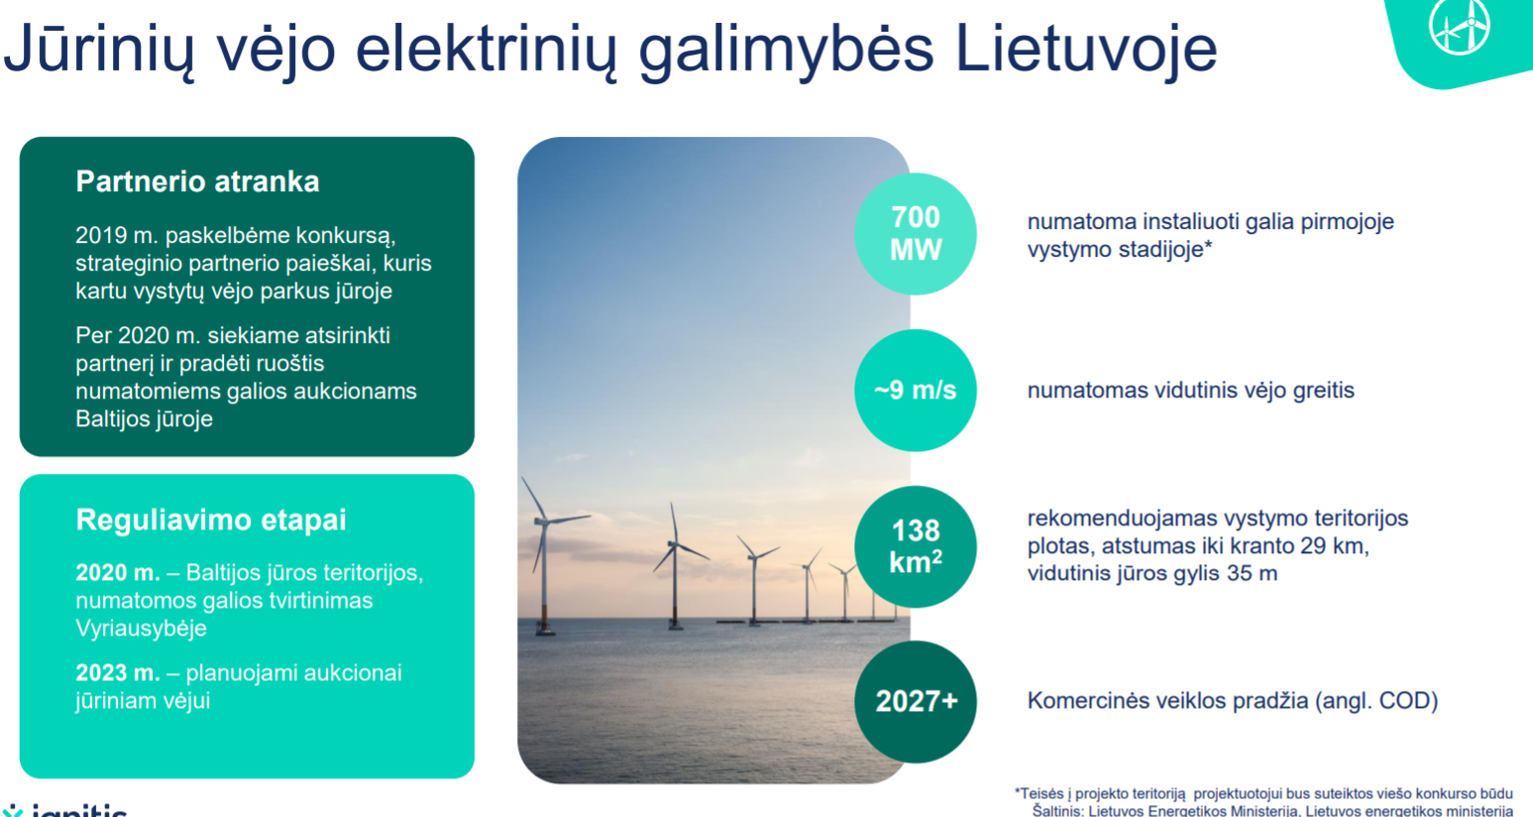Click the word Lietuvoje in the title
pyautogui.click(x=1085, y=50)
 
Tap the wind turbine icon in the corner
pyautogui.click(x=1460, y=25)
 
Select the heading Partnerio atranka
pyautogui.click(x=197, y=181)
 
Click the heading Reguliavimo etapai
pyautogui.click(x=211, y=520)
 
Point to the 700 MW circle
pyautogui.click(x=915, y=234)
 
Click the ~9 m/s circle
pyautogui.click(x=915, y=391)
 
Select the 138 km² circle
pyautogui.click(x=915, y=546)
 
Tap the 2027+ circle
pyautogui.click(x=915, y=702)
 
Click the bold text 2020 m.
pyautogui.click(x=118, y=572)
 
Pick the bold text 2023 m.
pyautogui.click(x=118, y=672)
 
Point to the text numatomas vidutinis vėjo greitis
pyautogui.click(x=1191, y=391)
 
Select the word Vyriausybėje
pyautogui.click(x=141, y=628)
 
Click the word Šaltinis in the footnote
pyautogui.click(x=1058, y=811)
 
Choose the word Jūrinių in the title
pyautogui.click(x=99, y=50)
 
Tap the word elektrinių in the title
pyautogui.click(x=486, y=50)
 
